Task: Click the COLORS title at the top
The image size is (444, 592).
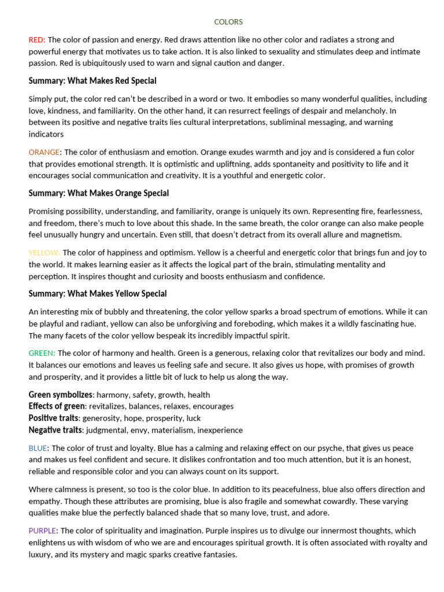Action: [x=228, y=22]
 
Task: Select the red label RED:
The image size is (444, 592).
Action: [x=37, y=40]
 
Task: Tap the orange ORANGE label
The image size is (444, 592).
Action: [x=44, y=152]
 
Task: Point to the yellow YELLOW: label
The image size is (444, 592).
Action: [x=45, y=253]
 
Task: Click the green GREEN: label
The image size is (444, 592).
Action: [x=42, y=353]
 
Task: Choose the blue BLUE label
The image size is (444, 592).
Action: [x=38, y=448]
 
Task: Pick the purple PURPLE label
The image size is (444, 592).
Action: [x=43, y=531]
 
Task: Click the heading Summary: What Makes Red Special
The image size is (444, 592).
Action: [x=92, y=81]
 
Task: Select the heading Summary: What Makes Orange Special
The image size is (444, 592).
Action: [x=99, y=193]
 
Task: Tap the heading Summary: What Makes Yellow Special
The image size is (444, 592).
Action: [x=98, y=294]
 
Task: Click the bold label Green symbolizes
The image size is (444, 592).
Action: [x=61, y=394]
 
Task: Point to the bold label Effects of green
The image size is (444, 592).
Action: [x=57, y=406]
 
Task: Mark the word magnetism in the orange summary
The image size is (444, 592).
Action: [x=376, y=235]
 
